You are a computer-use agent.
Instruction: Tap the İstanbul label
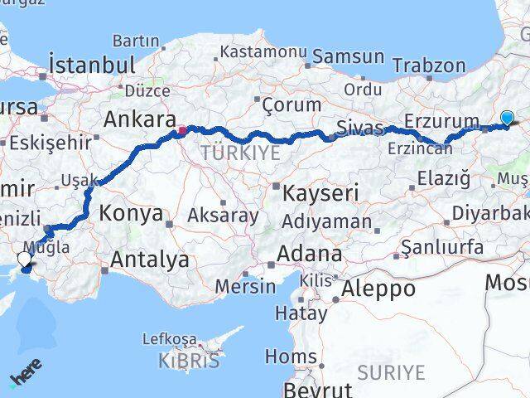(x=91, y=64)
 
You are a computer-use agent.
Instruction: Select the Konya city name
(x=131, y=213)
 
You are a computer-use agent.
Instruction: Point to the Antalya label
(x=150, y=260)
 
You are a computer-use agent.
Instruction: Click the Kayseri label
(x=320, y=193)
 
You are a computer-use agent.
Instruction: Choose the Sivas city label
(x=360, y=128)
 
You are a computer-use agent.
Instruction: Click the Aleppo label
(x=378, y=289)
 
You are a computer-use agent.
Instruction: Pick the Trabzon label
(x=429, y=66)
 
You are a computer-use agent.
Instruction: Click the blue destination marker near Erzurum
(x=507, y=119)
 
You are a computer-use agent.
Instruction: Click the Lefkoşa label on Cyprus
(x=170, y=339)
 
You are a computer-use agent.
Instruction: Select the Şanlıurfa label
(x=441, y=246)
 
